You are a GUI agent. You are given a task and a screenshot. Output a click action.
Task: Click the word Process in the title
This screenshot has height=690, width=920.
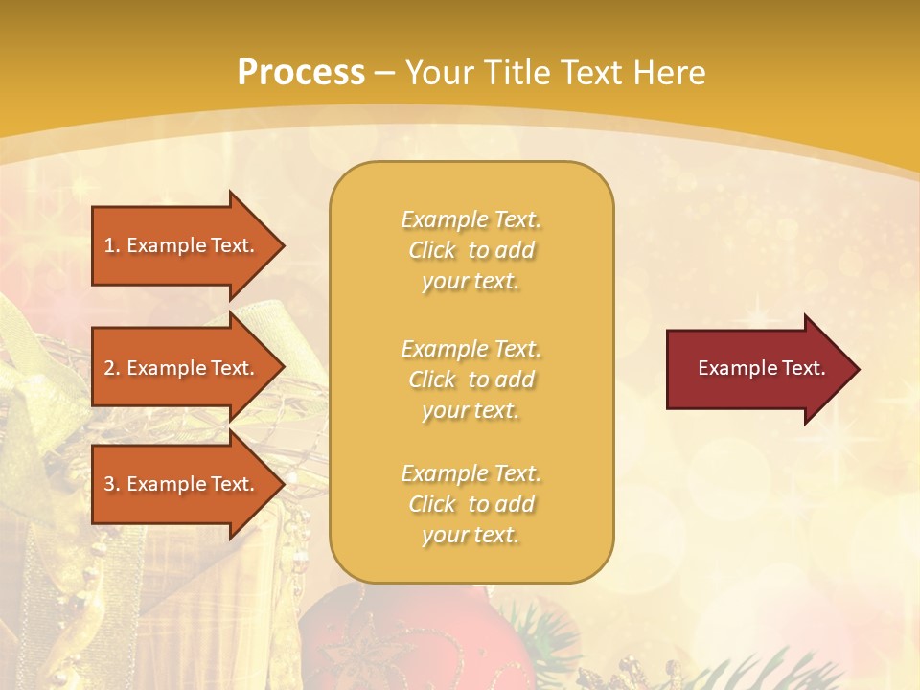301,73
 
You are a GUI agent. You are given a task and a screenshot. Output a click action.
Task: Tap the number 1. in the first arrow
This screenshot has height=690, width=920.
112,245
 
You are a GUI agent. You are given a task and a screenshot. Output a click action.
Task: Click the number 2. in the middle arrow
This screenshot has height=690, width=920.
112,368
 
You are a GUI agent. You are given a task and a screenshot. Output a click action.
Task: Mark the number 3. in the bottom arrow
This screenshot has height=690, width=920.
112,484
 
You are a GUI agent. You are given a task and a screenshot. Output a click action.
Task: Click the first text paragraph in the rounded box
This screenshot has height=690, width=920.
471,250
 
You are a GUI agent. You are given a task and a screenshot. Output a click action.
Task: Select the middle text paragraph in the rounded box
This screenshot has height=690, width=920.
471,379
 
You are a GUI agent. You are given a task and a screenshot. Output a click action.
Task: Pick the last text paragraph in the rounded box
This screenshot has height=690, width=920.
471,504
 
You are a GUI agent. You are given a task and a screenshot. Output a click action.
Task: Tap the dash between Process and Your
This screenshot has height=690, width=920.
384,74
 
